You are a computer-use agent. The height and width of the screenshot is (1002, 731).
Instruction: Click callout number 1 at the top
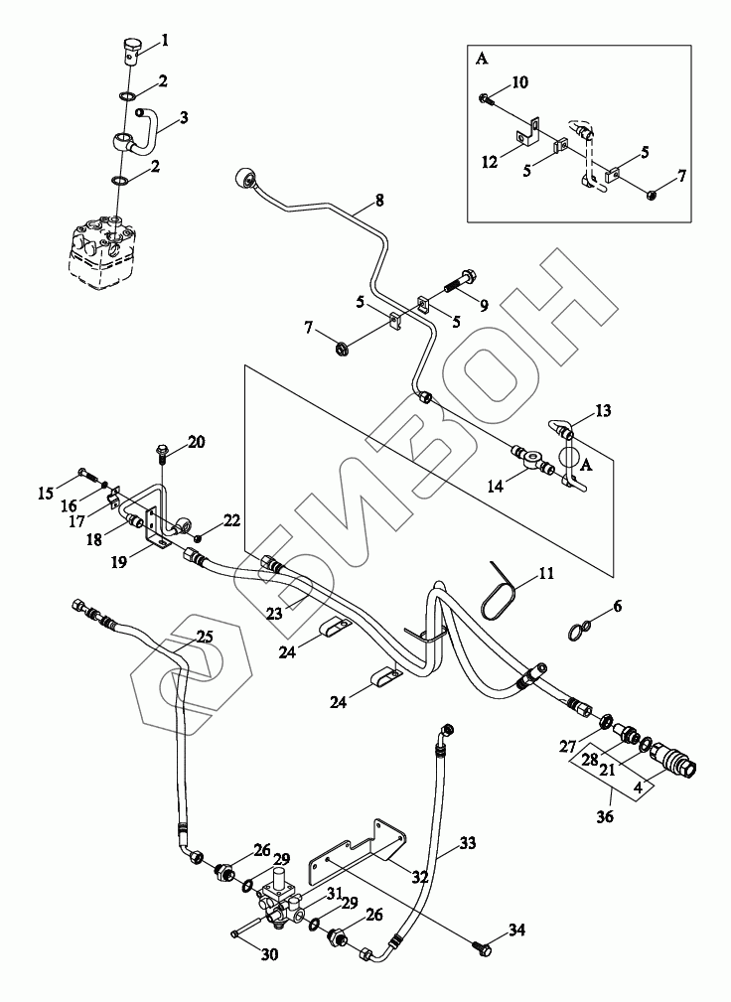(x=165, y=41)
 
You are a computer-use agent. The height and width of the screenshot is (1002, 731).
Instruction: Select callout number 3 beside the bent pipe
(x=185, y=117)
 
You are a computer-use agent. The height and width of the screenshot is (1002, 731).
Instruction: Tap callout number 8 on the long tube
(x=378, y=201)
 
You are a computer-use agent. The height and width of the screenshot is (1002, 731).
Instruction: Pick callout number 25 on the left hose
(x=204, y=636)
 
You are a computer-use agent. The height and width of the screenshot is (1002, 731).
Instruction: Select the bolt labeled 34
(x=484, y=950)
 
